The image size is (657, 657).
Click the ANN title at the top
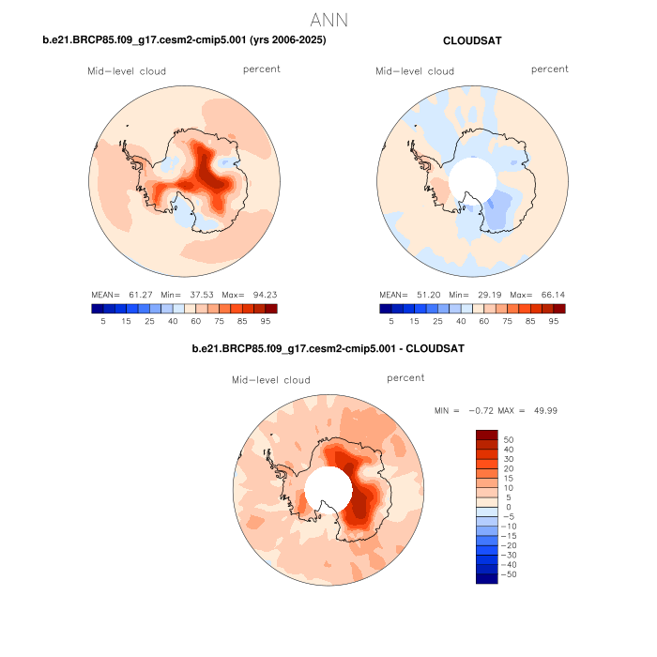(328, 19)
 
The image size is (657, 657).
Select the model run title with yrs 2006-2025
(185, 40)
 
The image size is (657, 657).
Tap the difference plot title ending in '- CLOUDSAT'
(328, 348)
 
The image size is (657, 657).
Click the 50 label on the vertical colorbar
(510, 439)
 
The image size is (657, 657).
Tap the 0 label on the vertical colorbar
(508, 507)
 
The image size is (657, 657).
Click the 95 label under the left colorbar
(266, 321)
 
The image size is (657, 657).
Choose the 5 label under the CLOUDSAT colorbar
(391, 321)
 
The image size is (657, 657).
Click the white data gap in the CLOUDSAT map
(471, 180)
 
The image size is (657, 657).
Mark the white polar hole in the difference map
(328, 490)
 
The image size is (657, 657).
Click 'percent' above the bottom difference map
(405, 377)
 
